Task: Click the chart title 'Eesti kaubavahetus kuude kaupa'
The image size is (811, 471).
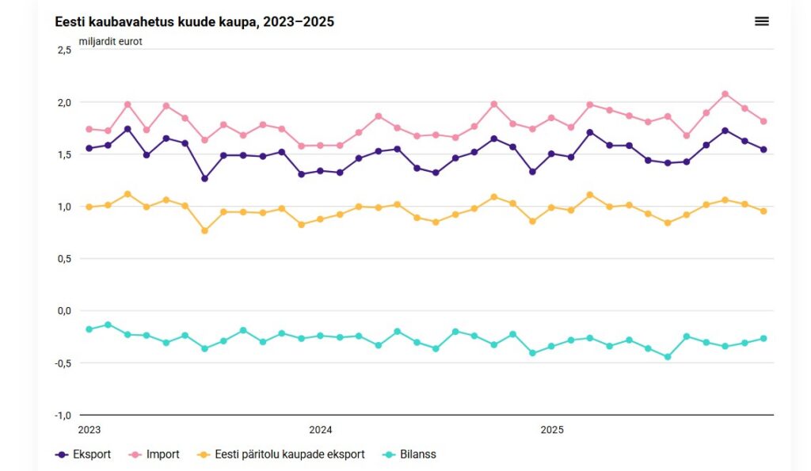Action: [194, 22]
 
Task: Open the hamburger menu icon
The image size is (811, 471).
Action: [762, 21]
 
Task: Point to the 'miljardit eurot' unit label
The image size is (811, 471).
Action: [110, 41]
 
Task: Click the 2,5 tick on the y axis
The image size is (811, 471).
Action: [64, 50]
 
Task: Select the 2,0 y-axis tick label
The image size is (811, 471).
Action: [64, 102]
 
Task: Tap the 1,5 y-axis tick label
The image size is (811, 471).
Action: [64, 154]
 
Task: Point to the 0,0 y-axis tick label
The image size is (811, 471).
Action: [64, 310]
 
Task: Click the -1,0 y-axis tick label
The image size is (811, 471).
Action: [63, 415]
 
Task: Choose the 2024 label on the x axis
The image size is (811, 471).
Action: [321, 430]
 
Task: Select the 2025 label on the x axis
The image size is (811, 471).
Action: [552, 430]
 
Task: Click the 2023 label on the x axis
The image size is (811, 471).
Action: [89, 430]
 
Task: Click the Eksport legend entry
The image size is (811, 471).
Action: [83, 454]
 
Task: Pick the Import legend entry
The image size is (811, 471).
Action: [154, 454]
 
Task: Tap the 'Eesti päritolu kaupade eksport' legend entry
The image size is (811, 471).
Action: [281, 454]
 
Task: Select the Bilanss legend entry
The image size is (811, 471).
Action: [409, 454]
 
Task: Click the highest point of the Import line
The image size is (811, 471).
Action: [725, 94]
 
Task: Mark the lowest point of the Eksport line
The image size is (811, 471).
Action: [205, 178]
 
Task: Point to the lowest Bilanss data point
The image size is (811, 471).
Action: [668, 357]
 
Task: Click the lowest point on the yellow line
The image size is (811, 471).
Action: [205, 231]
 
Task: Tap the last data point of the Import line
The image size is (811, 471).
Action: [763, 121]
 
